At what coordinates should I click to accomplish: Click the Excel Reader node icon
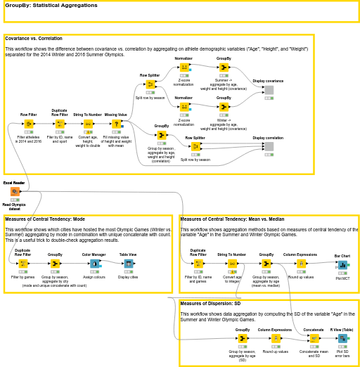pos(14,191)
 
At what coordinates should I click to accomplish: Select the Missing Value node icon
pos(116,124)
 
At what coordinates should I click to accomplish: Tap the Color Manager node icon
pos(94,264)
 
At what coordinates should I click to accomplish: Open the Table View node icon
pos(128,264)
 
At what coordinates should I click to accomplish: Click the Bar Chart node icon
pos(342,264)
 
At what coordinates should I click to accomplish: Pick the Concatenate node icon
pos(314,338)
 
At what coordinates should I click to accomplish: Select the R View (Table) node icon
pos(342,338)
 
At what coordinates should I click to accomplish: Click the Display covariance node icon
pos(269,90)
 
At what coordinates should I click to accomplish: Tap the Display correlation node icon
pos(269,146)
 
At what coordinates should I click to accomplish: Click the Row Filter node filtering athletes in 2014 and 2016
pos(28,124)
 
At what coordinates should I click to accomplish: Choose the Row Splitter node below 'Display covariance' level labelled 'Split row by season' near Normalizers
pos(150,84)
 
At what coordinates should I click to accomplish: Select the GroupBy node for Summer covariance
pos(224,67)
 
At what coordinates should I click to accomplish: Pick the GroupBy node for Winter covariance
pos(224,107)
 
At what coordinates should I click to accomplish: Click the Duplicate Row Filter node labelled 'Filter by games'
pos(22,264)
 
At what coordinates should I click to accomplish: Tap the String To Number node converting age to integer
pos(232,264)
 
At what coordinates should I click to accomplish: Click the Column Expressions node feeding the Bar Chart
pos(300,264)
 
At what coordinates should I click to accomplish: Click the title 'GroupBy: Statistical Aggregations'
pos(51,5)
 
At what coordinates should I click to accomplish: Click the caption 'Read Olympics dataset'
pos(14,206)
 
